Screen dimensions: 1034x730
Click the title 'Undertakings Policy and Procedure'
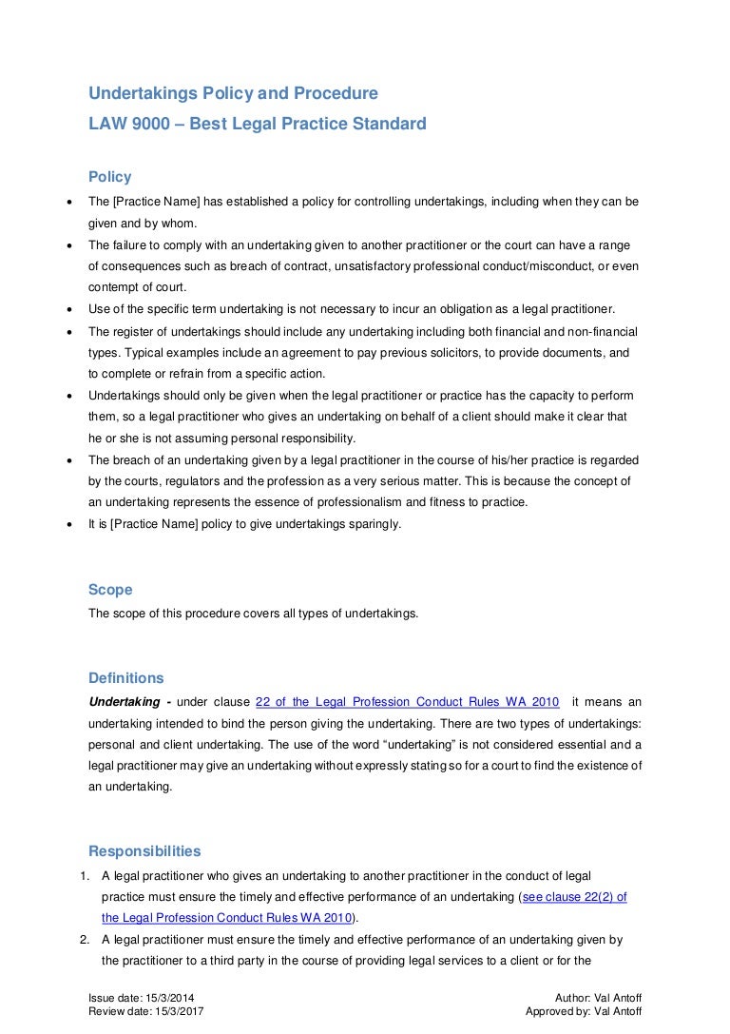[233, 93]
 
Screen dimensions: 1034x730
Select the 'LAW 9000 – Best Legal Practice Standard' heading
[257, 124]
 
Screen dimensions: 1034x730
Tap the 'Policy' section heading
[110, 177]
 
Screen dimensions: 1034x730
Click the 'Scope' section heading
[110, 590]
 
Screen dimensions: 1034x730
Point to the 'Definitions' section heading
[126, 678]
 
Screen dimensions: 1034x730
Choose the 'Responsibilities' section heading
[144, 851]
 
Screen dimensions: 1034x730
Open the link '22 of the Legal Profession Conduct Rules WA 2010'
[408, 703]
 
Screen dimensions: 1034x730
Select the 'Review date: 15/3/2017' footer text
[145, 1012]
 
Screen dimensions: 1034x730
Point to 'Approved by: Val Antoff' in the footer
[587, 1012]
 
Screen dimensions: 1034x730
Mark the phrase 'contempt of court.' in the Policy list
[137, 286]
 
